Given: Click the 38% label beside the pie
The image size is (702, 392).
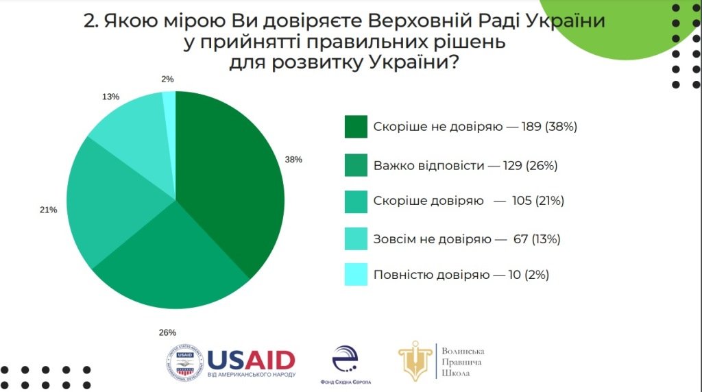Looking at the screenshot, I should coord(293,159).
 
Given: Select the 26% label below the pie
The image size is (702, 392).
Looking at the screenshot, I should coord(167,333).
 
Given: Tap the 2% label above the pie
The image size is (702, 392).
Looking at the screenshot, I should coord(167,79).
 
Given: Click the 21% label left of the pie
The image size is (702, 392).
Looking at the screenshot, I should coord(48,210).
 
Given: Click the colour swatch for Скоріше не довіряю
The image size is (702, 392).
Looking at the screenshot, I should coord(356,127).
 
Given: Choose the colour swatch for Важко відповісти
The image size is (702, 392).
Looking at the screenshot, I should coord(356,165).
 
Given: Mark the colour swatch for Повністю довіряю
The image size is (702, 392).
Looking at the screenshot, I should coord(356,275).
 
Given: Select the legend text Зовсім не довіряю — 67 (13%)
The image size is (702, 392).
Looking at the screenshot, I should coord(467,239).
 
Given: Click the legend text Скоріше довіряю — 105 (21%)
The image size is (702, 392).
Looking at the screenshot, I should coord(468,201).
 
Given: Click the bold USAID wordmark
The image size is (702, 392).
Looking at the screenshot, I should coord(251,359).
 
